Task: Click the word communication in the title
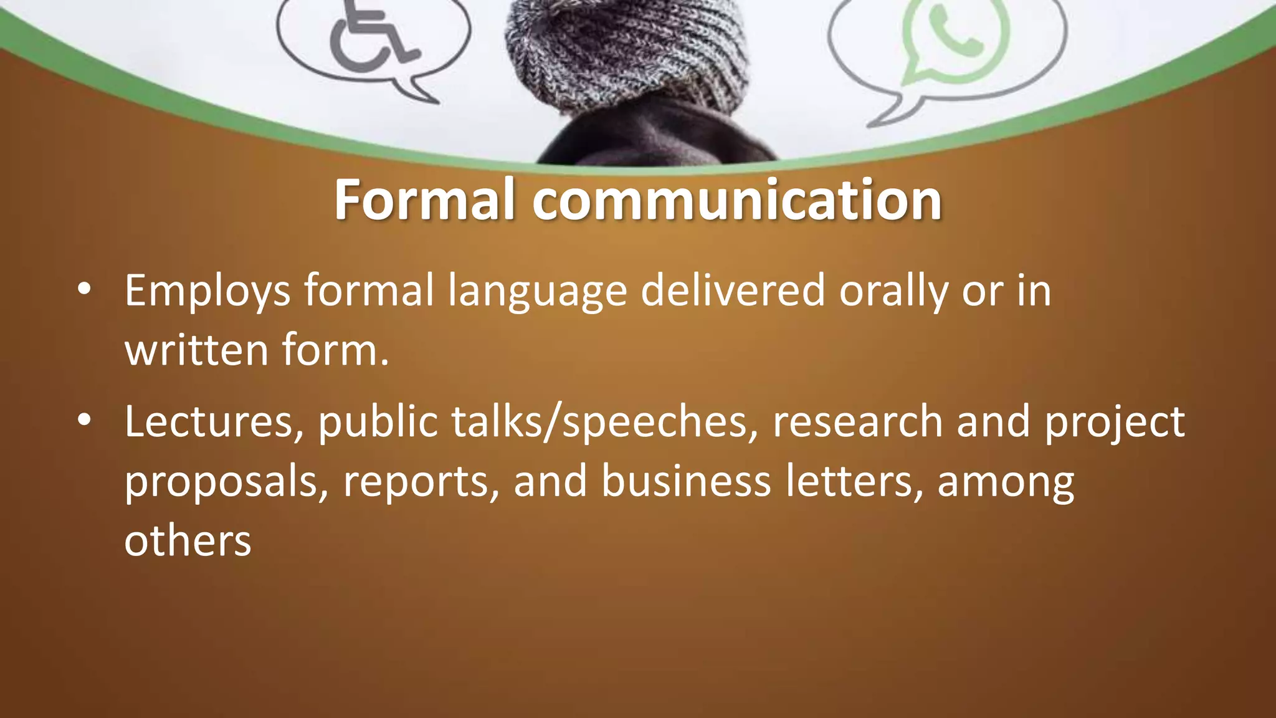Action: click(x=736, y=200)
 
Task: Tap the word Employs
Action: click(x=207, y=292)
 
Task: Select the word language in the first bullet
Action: click(x=537, y=292)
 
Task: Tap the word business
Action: click(x=686, y=481)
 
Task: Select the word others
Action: click(x=188, y=541)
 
